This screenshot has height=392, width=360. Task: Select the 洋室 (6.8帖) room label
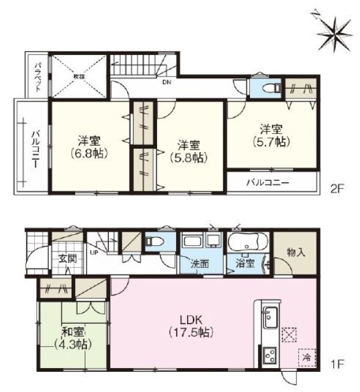coord(89,145)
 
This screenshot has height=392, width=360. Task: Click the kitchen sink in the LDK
coord(269,317)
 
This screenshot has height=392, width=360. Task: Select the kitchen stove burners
coord(269,355)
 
